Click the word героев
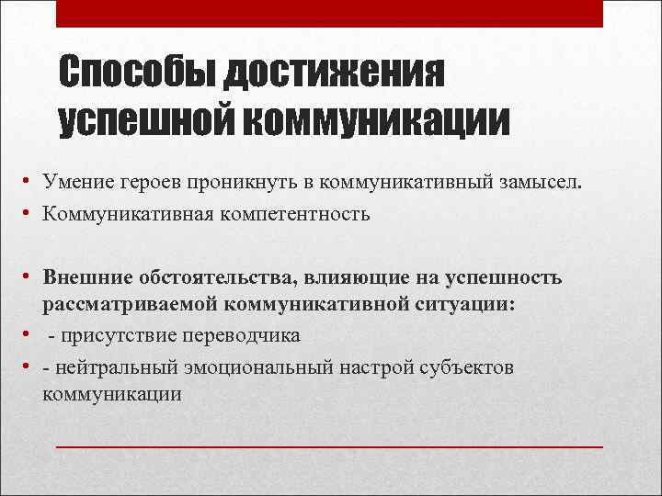(145, 183)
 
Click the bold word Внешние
(85, 276)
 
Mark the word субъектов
(465, 367)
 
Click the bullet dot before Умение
(30, 183)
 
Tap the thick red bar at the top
(330, 14)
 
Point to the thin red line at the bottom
(330, 445)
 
